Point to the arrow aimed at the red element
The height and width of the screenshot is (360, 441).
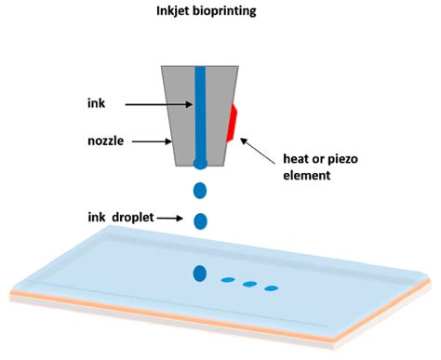pos(255,149)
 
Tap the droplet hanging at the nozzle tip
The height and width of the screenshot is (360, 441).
pos(199,165)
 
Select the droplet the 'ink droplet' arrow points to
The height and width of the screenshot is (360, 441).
pos(199,221)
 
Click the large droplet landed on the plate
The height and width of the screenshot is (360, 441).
pos(199,273)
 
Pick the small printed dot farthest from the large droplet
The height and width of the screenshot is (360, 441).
pos(272,288)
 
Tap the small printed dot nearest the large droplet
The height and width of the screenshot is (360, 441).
pos(226,279)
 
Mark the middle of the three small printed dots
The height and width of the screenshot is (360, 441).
pos(249,284)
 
